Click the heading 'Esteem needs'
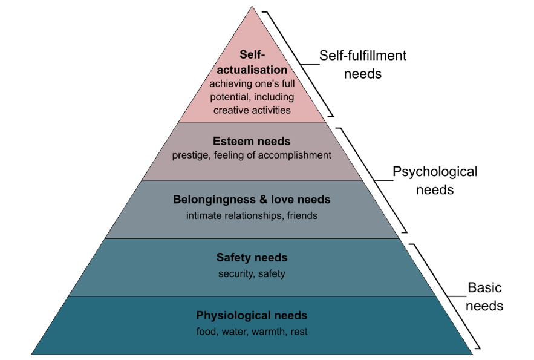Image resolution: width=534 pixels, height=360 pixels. tap(252, 142)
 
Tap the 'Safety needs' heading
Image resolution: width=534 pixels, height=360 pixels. tap(252, 258)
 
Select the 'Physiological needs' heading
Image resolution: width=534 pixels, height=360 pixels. tap(252, 316)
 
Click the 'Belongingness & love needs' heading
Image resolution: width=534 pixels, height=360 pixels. tap(252, 200)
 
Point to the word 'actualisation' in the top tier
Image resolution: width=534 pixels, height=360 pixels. tap(252, 70)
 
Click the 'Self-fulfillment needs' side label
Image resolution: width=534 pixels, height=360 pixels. tap(363, 65)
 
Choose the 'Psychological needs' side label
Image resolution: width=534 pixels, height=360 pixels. tap(434, 180)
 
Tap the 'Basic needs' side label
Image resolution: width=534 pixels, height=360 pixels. tap(485, 296)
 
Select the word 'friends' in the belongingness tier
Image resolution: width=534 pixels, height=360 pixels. tap(301, 215)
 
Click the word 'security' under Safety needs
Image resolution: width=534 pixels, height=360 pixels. tap(236, 273)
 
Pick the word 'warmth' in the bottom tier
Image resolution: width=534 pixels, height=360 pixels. tap(272, 332)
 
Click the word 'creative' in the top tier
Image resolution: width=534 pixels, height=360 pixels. tap(232, 110)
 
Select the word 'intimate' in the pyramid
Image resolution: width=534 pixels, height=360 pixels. tap(204, 215)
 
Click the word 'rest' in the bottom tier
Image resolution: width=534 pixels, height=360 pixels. tap(299, 332)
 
